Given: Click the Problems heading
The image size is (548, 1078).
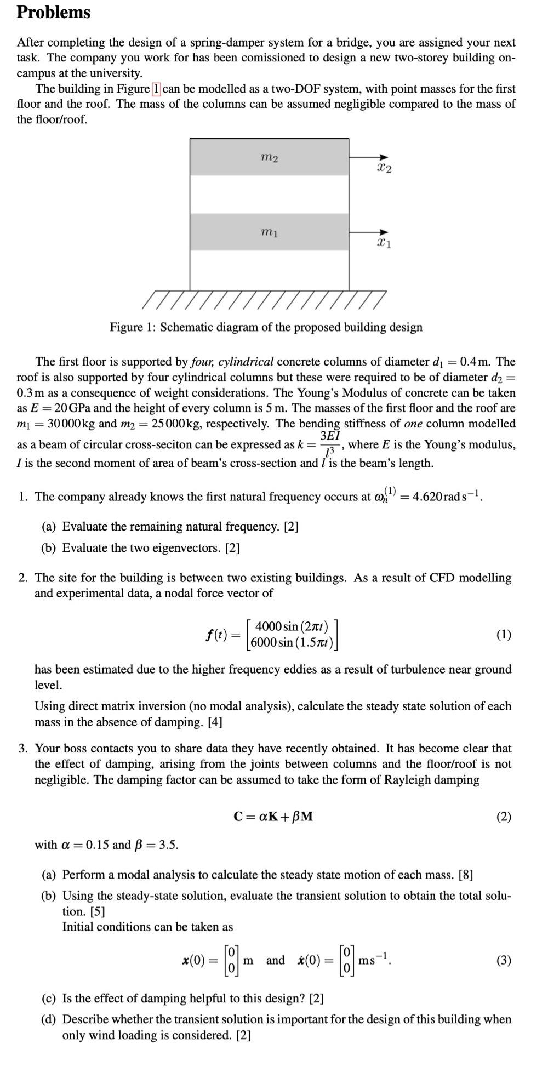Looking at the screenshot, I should click(53, 12).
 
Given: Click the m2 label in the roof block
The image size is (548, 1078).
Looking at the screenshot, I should click(270, 158).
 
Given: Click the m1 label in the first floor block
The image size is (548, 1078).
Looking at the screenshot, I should click(270, 233).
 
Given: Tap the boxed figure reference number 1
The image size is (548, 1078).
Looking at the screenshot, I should click(156, 89).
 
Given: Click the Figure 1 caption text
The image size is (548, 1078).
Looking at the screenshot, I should click(266, 327).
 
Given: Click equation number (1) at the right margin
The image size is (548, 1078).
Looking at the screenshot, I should click(504, 635).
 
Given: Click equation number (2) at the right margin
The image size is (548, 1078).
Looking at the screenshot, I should click(504, 817).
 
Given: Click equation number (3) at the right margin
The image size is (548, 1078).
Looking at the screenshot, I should click(504, 960).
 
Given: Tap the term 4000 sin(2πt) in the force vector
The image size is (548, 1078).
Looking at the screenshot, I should click(292, 626).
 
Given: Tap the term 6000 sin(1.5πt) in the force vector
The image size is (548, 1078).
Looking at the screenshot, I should click(292, 642).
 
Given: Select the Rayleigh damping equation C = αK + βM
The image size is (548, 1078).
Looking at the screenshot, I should click(273, 817).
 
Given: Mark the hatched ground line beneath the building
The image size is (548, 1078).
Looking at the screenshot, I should click(263, 299).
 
